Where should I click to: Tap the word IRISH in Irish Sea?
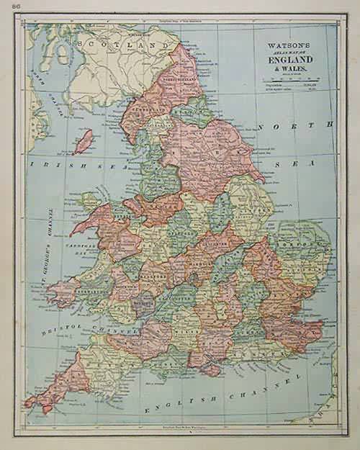[x=50, y=164]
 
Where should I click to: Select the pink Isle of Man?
[x=84, y=141]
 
